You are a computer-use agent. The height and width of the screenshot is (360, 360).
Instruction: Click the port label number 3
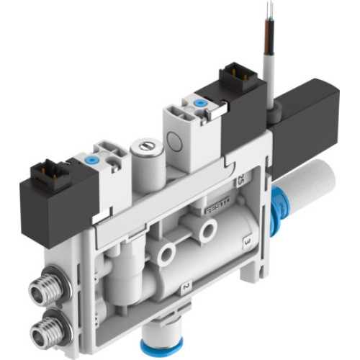coord(247,237)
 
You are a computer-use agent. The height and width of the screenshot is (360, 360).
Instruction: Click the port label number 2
coord(185,289)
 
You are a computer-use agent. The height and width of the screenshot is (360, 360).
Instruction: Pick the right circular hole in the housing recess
coord(209,230)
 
